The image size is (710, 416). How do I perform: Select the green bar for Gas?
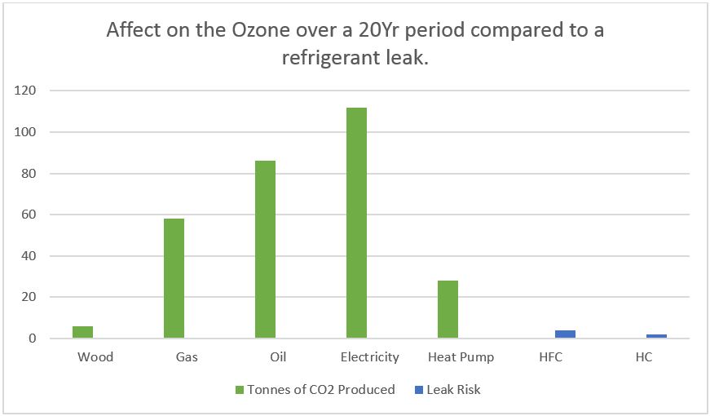tap(174, 278)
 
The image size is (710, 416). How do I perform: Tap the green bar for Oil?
tap(265, 250)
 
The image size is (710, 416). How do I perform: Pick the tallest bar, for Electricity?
tap(356, 223)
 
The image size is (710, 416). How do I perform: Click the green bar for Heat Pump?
tap(448, 309)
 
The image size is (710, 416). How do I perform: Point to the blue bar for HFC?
tap(566, 334)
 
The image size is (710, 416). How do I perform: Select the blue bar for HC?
tap(657, 335)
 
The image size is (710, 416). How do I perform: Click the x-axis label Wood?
tap(95, 357)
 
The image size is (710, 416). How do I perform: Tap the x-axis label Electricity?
tap(369, 357)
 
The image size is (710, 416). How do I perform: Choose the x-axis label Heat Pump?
tap(461, 357)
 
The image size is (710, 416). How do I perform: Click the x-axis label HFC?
tap(552, 357)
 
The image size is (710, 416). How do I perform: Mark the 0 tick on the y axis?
tap(32, 339)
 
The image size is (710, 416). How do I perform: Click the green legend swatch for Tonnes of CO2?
tap(240, 390)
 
